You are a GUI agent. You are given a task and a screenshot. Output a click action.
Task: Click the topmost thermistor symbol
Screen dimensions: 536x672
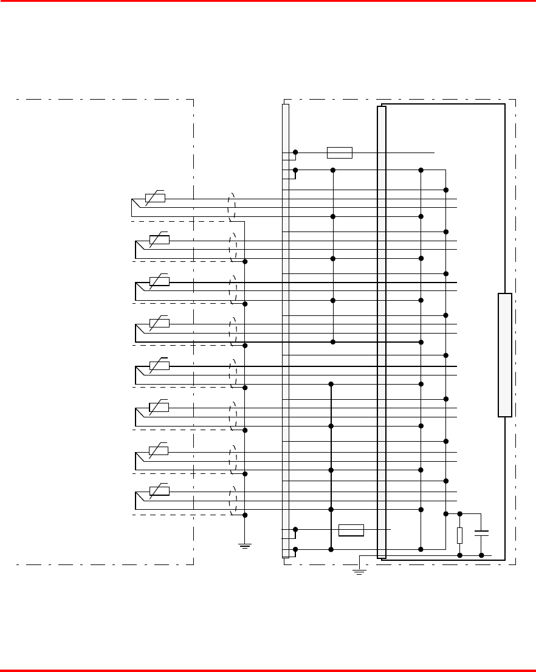coord(156,198)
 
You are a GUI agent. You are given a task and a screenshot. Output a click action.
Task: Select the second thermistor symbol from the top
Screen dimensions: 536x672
coord(159,239)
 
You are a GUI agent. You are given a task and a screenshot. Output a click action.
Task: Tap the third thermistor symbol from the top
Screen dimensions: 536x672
coord(159,281)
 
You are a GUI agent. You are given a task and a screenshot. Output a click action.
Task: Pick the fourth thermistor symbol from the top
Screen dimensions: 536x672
coord(159,323)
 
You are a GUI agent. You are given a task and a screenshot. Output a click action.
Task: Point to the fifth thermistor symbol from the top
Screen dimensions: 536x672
coord(159,365)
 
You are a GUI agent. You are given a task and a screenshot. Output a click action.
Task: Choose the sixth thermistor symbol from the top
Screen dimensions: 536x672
coord(159,406)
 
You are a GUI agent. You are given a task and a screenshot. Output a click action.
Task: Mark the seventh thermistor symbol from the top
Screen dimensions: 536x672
coord(159,450)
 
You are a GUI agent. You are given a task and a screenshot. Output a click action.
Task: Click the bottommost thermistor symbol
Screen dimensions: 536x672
coord(159,490)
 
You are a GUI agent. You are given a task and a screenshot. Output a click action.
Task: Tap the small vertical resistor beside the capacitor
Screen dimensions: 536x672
coord(459,535)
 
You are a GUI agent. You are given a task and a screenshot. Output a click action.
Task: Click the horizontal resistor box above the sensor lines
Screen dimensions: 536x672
coord(339,153)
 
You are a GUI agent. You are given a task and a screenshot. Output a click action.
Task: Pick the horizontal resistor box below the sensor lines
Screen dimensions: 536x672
coord(351,530)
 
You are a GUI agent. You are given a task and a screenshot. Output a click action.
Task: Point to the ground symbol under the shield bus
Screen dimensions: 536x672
coord(245,545)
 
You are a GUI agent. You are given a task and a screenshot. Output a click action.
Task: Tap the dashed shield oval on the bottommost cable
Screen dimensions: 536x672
coord(232,501)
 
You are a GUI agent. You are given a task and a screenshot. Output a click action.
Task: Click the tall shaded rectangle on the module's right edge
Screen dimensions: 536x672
coord(504,355)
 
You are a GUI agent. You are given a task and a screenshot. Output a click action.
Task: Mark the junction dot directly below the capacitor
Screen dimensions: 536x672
coord(481,555)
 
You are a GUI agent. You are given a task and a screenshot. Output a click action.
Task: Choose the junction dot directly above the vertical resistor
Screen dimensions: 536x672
coord(459,514)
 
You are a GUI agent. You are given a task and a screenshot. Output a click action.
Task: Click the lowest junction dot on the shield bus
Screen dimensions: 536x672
coord(245,515)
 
